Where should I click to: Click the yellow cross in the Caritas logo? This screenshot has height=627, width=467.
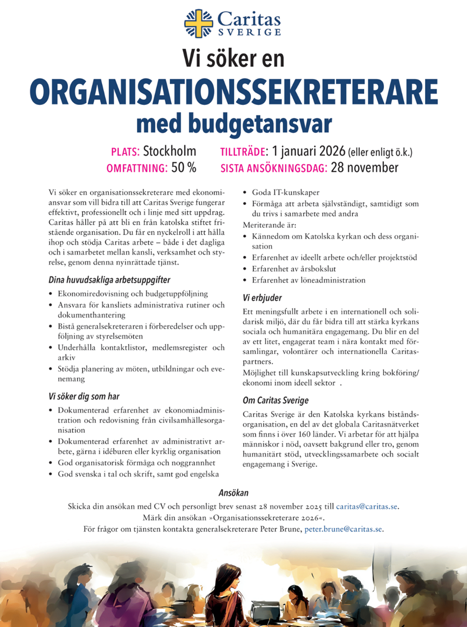[x=199, y=23]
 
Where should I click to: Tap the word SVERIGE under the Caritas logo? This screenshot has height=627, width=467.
[x=249, y=32]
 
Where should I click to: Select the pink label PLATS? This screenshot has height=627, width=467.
[x=125, y=152]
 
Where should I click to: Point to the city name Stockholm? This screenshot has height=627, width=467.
[x=170, y=152]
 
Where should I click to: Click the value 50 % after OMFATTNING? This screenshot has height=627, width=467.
[x=184, y=168]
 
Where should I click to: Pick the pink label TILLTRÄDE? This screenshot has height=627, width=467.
[x=243, y=152]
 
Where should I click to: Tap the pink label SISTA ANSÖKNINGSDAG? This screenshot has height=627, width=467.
[x=273, y=168]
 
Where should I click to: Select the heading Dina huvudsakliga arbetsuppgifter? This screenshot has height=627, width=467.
[x=109, y=280]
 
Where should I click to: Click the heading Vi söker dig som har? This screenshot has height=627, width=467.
[x=84, y=397]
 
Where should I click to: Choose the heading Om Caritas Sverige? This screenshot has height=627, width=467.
[x=276, y=400]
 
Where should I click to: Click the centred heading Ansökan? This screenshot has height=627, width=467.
[x=233, y=493]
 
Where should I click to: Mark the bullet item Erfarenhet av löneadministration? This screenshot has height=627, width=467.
[x=309, y=280]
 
